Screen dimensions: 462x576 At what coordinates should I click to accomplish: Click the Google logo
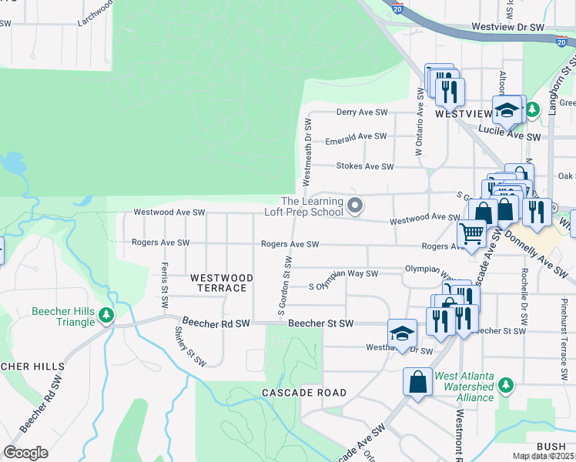[25, 453]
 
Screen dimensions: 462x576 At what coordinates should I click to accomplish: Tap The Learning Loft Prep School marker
[355, 206]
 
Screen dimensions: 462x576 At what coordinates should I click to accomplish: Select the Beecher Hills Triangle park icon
[106, 314]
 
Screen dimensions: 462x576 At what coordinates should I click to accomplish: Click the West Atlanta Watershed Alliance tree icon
[505, 384]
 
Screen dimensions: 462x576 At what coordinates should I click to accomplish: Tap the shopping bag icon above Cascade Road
[417, 381]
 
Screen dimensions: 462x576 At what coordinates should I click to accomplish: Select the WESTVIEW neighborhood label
[463, 113]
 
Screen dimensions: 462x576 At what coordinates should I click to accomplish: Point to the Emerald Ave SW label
[357, 136]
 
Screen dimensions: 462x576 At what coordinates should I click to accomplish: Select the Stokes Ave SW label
[364, 166]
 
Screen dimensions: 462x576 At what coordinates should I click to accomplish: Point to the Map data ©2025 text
[543, 456]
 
